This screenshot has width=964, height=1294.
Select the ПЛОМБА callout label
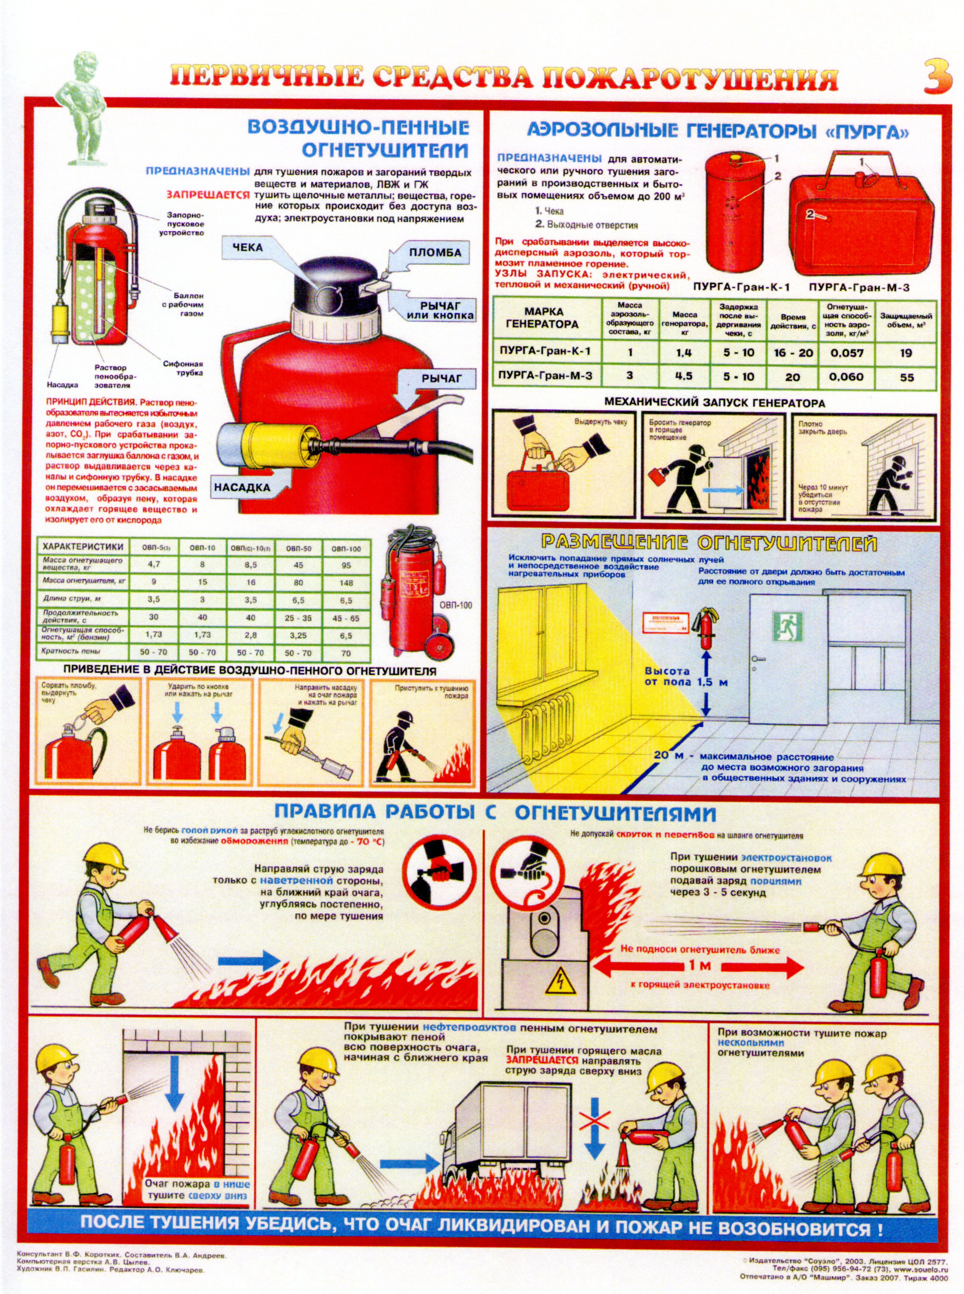435,253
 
